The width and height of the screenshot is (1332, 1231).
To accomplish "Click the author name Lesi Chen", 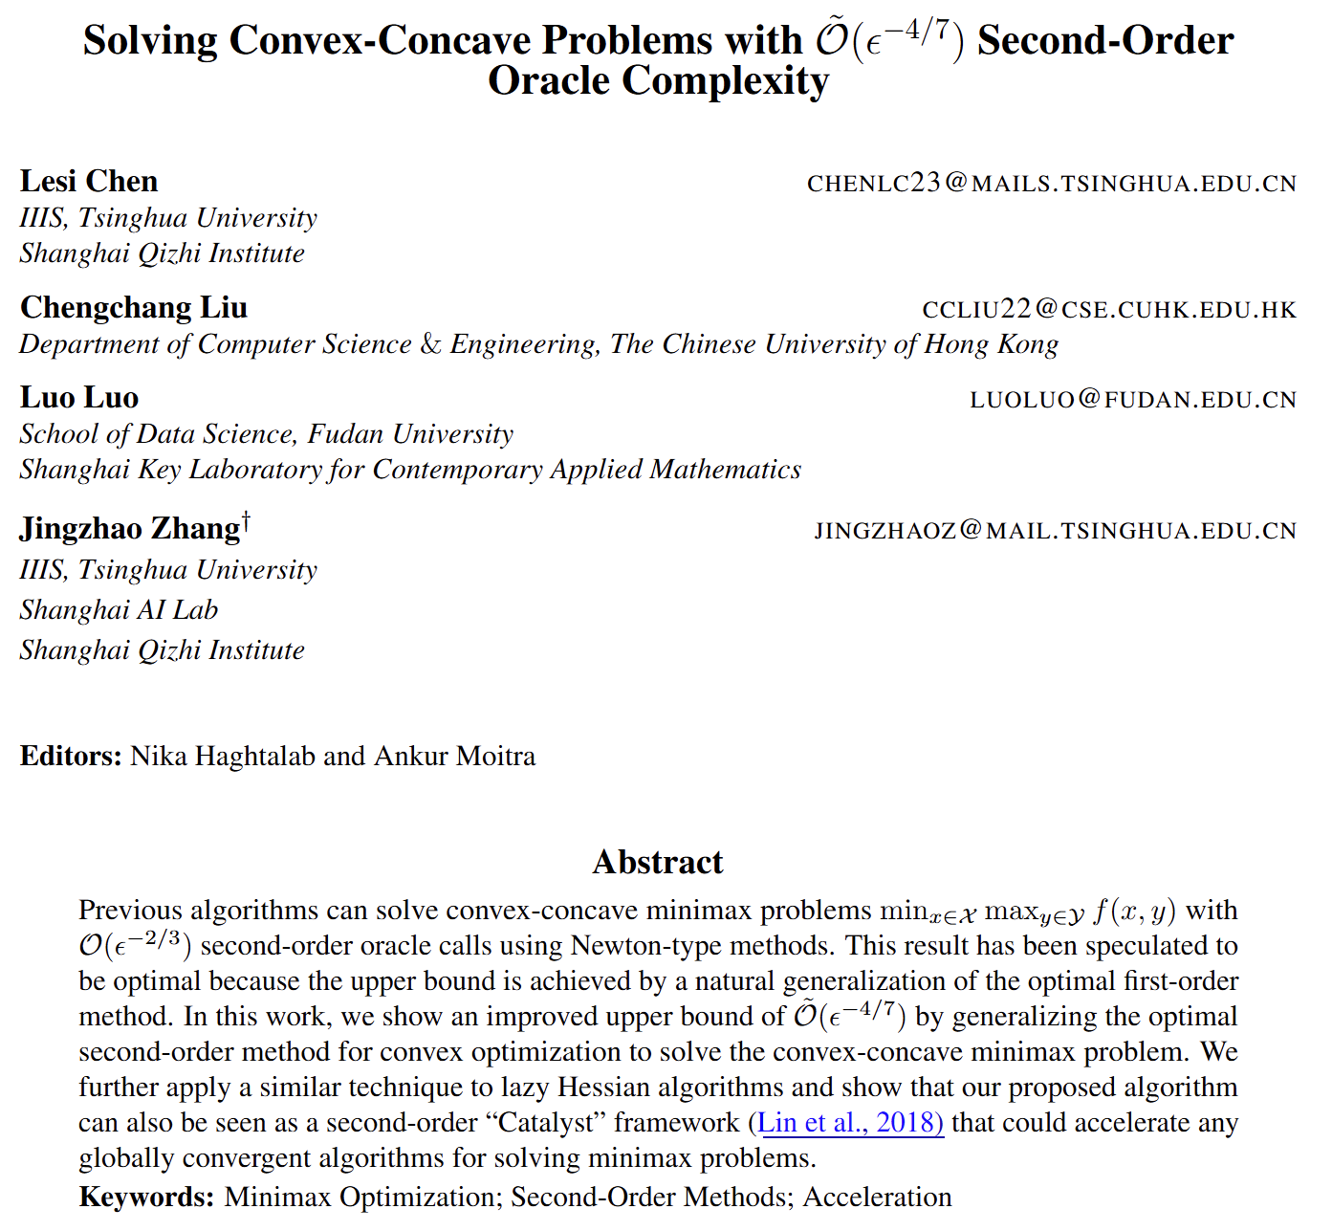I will [89, 182].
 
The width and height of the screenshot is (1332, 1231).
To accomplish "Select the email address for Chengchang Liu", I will [1108, 309].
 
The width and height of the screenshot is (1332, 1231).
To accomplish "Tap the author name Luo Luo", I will [79, 398].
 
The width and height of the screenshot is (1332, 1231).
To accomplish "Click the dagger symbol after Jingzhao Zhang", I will [246, 519].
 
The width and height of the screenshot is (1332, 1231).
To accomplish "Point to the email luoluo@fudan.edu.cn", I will [1132, 399].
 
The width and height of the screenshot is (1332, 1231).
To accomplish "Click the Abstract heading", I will [658, 862].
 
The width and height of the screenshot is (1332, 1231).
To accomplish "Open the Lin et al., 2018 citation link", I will [849, 1122].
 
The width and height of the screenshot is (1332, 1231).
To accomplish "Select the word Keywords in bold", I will [146, 1197].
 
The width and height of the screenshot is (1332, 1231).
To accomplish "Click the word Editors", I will [70, 756].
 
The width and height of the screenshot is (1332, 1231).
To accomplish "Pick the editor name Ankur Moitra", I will [454, 756].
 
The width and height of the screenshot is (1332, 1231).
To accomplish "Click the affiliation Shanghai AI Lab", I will [119, 610].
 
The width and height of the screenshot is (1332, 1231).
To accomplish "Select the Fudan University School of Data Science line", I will [266, 434].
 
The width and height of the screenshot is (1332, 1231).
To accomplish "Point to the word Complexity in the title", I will [658, 80].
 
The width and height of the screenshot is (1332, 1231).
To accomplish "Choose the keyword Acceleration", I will [877, 1197].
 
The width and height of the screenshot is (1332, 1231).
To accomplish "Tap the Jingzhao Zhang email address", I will [1055, 530].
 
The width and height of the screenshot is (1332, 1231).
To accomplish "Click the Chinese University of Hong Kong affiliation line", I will [538, 344].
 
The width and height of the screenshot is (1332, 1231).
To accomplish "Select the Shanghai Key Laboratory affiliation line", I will [410, 470].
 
